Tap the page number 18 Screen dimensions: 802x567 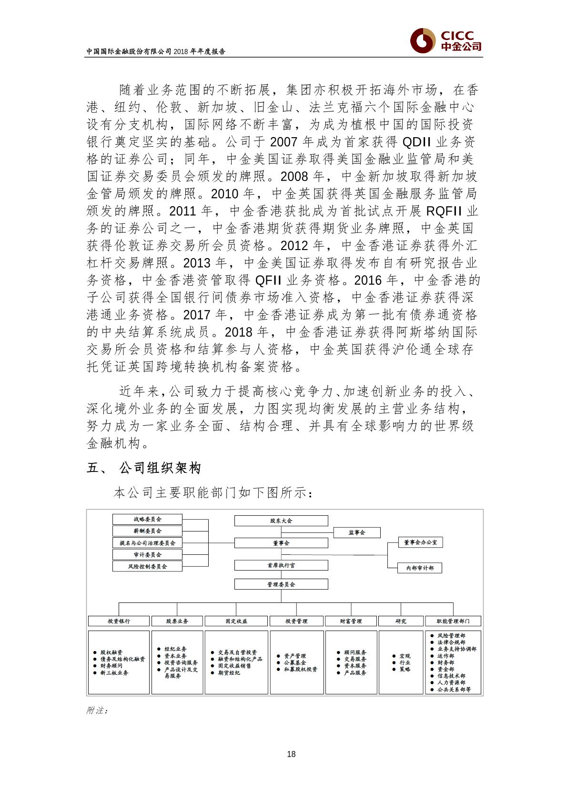pos(292,754)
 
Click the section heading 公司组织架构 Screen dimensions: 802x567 pos(160,468)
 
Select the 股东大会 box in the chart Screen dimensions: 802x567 pos(281,521)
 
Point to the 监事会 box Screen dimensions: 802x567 pos(356,532)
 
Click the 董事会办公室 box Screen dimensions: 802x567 pos(420,542)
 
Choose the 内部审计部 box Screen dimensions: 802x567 pos(420,568)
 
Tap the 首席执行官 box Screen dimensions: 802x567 pos(281,565)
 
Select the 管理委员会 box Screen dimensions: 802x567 pos(281,584)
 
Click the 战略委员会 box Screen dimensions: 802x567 pos(147,519)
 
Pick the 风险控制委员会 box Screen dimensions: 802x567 pos(147,566)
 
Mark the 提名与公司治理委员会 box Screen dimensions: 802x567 pos(147,543)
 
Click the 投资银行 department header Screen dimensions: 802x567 pos(119,621)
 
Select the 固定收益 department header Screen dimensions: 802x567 pos(236,621)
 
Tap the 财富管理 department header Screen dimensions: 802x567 pos(351,621)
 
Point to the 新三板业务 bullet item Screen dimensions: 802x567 pos(114,673)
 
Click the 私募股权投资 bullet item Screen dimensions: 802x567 pos(300,669)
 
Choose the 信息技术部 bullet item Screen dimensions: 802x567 pos(451,676)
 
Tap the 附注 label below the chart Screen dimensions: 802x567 pos(97,711)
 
